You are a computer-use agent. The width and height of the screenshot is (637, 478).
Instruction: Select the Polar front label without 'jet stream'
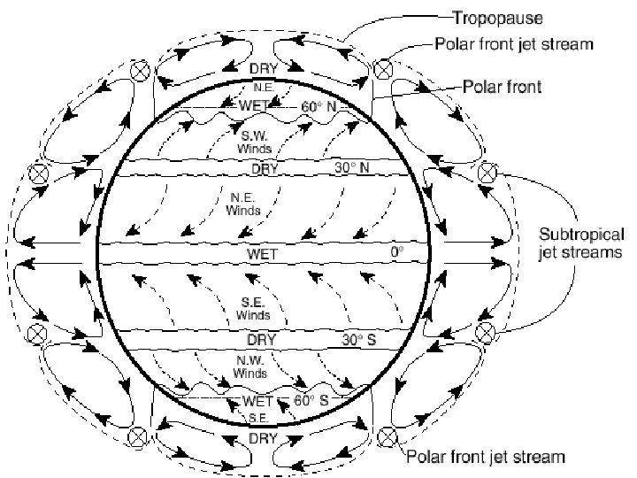tap(504, 88)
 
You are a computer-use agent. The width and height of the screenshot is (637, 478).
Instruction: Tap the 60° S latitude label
tap(311, 400)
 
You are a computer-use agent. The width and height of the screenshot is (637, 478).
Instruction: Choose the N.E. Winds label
tap(243, 204)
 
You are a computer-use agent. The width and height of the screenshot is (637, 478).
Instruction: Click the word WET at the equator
tap(263, 255)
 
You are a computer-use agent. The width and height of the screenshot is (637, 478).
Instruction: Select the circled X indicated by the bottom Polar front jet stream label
tap(387, 434)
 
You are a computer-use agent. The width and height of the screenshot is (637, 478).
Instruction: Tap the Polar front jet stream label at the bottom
tap(486, 457)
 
